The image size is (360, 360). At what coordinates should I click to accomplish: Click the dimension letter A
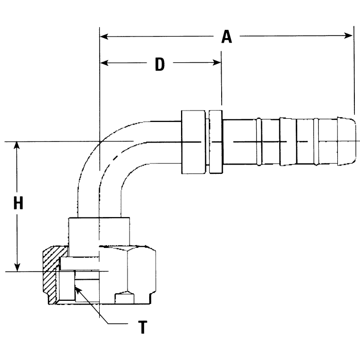227,37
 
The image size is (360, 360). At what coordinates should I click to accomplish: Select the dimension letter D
160,64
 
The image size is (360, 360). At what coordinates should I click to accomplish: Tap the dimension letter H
19,204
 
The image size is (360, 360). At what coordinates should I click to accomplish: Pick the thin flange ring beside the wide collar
215,141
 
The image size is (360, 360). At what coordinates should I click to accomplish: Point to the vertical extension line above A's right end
354,72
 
